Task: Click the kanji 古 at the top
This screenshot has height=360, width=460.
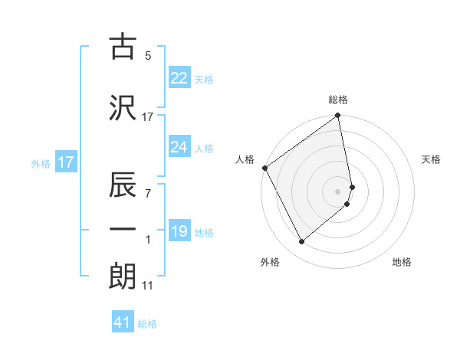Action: pos(122,47)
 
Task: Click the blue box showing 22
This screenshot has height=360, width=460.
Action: pos(179,77)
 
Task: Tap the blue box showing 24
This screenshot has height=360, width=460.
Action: pos(179,147)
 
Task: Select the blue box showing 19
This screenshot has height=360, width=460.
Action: pos(179,231)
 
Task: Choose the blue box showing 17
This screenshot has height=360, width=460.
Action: pos(66,162)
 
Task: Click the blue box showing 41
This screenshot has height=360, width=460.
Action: pos(123,323)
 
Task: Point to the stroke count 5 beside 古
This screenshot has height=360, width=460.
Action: pos(148,56)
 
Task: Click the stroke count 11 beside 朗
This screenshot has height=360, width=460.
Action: pos(147,286)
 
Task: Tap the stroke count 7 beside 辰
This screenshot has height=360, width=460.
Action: pos(148,194)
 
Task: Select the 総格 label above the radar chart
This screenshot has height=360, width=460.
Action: pos(338,100)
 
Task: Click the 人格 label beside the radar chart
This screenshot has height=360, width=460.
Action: pos(245,159)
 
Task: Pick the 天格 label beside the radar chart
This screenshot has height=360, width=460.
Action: pos(431,159)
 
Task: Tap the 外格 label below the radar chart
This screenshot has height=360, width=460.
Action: pos(270,262)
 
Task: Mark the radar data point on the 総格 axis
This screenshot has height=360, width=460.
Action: pos(338,116)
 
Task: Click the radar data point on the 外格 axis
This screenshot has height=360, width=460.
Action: pos(301,242)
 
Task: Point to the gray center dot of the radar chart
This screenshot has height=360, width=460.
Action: pos(338,191)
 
